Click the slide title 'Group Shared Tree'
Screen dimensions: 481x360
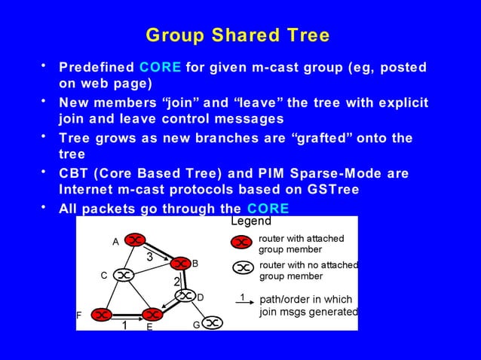[x=237, y=36]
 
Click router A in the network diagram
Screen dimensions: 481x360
[x=134, y=240]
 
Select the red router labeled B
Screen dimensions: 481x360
[x=179, y=264]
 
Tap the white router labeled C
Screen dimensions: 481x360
[x=124, y=276]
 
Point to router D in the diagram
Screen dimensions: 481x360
[x=185, y=296]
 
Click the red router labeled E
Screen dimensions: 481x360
[x=153, y=313]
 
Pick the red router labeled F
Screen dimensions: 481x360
[x=100, y=313]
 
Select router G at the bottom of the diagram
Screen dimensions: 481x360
[x=213, y=322]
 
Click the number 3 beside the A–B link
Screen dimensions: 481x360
[x=150, y=258]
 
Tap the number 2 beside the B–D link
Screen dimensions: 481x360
[x=176, y=281]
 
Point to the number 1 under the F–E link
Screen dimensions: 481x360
[x=124, y=325]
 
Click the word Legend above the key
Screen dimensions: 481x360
[x=250, y=221]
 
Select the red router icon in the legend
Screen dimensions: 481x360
[x=241, y=243]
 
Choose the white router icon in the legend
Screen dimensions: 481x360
[x=241, y=268]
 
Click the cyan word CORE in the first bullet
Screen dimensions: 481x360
[x=160, y=67]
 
